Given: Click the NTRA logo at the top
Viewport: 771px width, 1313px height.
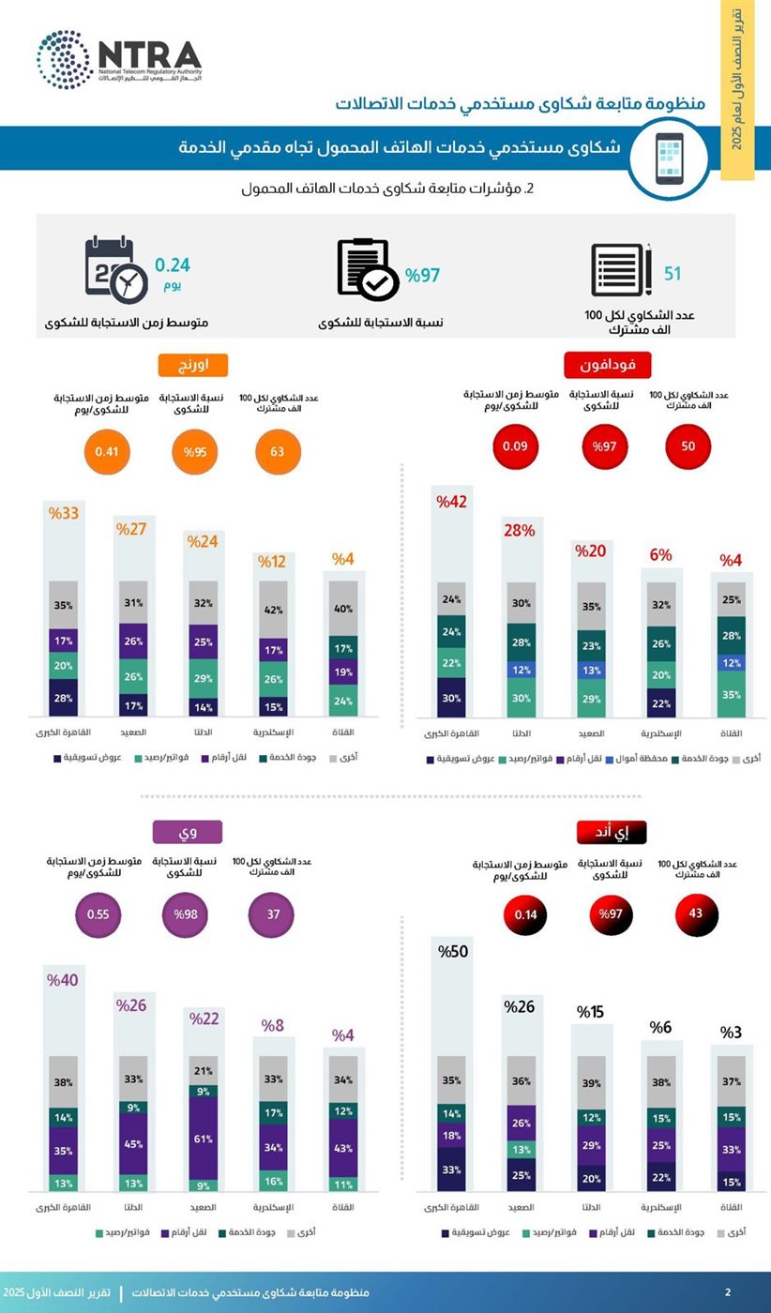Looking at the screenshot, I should [x=118, y=59].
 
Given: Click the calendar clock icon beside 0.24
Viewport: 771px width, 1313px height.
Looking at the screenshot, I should [x=115, y=272].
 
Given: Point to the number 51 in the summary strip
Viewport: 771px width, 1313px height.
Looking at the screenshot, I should [x=673, y=274].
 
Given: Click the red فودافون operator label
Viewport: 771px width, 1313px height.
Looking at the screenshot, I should [x=608, y=364].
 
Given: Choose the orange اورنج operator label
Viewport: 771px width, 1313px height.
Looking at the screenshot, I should [x=193, y=364].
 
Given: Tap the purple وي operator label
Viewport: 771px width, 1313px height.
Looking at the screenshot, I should [x=189, y=832].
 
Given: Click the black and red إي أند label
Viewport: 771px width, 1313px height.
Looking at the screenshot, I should [x=613, y=832].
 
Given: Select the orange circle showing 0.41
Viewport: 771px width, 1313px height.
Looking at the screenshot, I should [x=105, y=452].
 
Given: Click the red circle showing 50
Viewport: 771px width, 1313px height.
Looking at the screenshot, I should [x=688, y=445].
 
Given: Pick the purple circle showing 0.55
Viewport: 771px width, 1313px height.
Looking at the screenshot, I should [x=98, y=914].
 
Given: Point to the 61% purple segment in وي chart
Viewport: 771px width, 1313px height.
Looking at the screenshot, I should [x=204, y=1138].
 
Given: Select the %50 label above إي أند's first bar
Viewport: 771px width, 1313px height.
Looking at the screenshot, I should [x=453, y=952].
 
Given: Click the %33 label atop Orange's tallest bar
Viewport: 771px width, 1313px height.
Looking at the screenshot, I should [x=65, y=513].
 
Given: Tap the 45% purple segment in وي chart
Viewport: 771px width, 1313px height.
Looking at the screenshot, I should [x=134, y=1142].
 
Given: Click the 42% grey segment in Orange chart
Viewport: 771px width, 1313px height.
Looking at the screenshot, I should [x=274, y=610].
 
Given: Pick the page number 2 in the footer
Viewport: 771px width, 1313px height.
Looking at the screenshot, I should [x=729, y=1292].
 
